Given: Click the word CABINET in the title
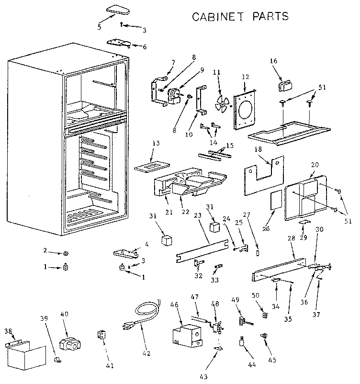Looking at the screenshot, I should click(x=215, y=16).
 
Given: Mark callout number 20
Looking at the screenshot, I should click(x=314, y=164).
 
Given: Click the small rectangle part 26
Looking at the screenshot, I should click(x=275, y=200).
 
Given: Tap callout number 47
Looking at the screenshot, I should click(x=194, y=297).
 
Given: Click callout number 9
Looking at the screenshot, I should click(x=202, y=70).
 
